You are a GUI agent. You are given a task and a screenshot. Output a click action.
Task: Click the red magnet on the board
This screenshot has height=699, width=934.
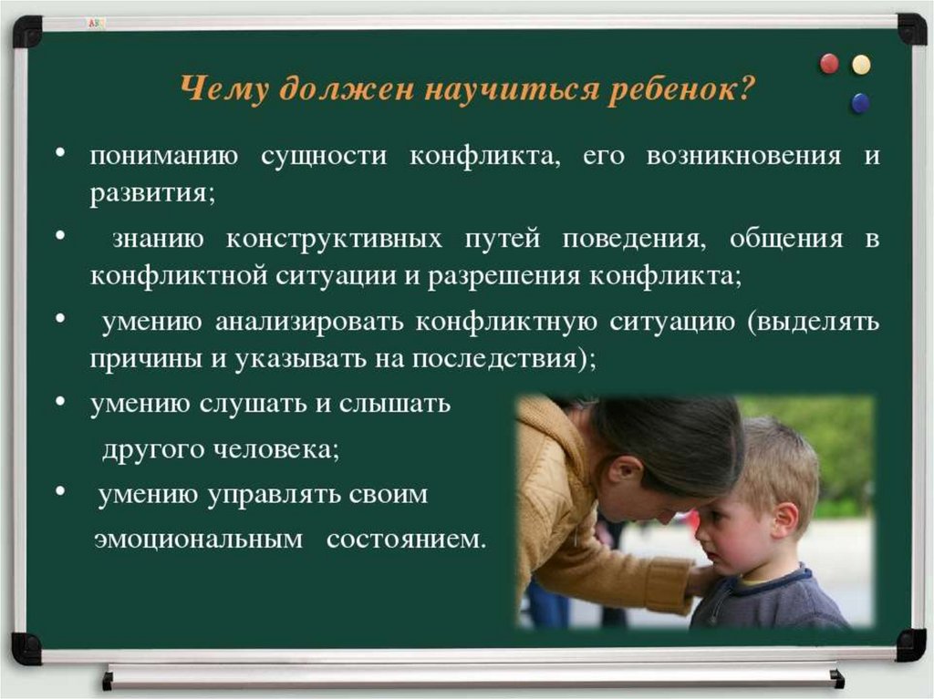829,63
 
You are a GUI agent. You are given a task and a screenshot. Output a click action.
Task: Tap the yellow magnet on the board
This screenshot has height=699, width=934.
861,65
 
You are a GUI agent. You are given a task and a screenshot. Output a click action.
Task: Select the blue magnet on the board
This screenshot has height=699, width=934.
860,103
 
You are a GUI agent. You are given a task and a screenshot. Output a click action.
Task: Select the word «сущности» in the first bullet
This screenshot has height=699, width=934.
324,157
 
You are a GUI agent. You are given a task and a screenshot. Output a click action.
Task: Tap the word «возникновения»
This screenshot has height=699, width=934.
744,156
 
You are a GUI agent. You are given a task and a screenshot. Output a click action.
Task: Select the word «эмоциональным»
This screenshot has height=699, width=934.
198,540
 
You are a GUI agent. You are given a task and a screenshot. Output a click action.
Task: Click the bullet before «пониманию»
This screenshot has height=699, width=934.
60,154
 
